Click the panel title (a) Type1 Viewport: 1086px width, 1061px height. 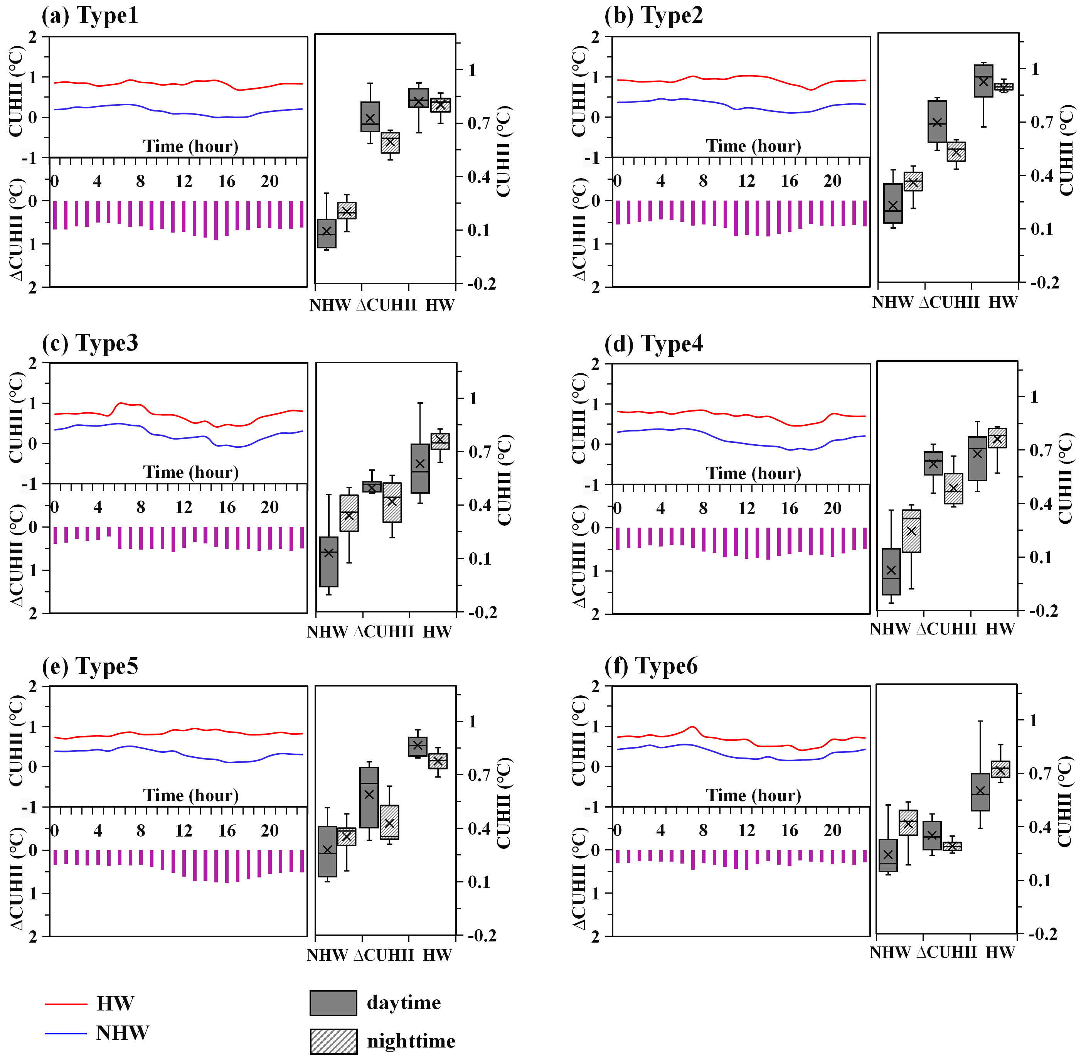(90, 15)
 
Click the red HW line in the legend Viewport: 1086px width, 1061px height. (66, 1004)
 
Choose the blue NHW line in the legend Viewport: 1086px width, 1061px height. (66, 1033)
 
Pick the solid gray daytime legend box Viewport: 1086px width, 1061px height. (333, 1003)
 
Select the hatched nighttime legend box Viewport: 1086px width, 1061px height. (333, 1041)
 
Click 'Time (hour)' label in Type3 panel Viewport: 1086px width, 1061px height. (191, 472)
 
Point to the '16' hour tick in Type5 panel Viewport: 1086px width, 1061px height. (227, 831)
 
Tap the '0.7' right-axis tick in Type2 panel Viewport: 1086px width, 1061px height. (1041, 122)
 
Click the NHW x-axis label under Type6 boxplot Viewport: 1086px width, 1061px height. (889, 952)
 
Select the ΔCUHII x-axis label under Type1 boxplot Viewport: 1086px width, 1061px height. (386, 305)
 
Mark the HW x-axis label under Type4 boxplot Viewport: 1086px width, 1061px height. (1000, 629)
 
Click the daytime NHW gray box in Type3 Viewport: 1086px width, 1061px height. (328, 562)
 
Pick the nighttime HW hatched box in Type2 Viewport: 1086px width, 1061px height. (1003, 87)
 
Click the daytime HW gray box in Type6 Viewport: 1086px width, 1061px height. (980, 792)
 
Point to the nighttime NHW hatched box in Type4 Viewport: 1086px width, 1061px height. (911, 531)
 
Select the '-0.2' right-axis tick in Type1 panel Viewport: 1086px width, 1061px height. (481, 284)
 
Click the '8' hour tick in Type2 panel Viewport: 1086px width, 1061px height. (704, 181)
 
